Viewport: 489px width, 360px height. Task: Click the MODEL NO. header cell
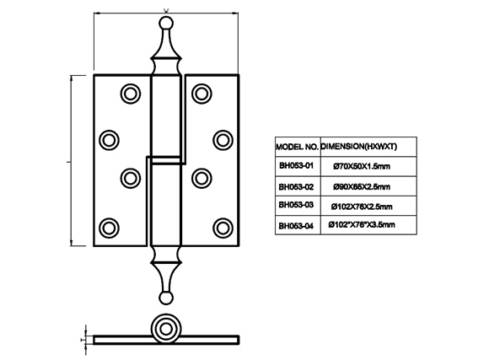(x=298, y=147)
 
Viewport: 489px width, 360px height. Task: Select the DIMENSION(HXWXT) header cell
(x=368, y=147)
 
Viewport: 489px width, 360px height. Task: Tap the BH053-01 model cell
(x=298, y=166)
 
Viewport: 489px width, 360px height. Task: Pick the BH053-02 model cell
(x=298, y=186)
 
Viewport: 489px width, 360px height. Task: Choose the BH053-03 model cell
(x=298, y=206)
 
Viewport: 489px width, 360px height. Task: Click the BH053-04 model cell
(x=298, y=225)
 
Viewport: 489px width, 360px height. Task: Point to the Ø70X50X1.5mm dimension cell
(x=368, y=166)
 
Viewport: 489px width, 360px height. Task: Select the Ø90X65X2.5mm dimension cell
(x=368, y=186)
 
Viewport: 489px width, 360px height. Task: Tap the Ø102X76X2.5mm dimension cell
(x=368, y=206)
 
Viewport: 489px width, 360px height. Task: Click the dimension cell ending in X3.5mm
(x=368, y=225)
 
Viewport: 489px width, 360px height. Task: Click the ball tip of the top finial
(x=165, y=24)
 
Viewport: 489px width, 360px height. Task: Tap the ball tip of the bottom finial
(x=165, y=298)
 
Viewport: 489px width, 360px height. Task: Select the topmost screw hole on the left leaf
(x=131, y=94)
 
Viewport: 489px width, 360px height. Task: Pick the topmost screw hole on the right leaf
(x=202, y=94)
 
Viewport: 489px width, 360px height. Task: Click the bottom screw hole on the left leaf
(x=109, y=228)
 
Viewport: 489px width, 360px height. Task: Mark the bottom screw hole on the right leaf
(x=223, y=228)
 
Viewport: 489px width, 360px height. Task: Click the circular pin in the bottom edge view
(x=165, y=329)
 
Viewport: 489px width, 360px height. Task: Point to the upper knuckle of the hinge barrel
(x=166, y=116)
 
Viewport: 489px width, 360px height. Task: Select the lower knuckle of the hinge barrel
(x=166, y=205)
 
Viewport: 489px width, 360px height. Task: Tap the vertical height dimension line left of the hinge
(x=72, y=161)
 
